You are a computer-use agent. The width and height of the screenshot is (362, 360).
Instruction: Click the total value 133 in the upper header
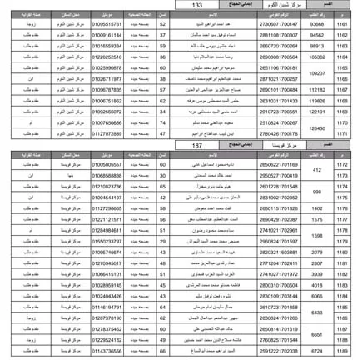point(196,5)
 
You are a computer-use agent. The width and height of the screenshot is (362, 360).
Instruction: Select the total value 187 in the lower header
point(196,144)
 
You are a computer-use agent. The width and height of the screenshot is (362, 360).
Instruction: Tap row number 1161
point(342,25)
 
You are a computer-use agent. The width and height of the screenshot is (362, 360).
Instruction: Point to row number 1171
point(342,132)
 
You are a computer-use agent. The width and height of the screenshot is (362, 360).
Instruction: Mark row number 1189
point(342,351)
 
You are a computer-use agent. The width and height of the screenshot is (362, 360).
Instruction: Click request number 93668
point(317,25)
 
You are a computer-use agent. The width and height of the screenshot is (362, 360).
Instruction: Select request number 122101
point(317,111)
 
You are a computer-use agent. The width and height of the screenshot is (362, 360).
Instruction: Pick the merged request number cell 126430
point(317,127)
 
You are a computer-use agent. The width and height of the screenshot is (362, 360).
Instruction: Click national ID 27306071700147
point(278,25)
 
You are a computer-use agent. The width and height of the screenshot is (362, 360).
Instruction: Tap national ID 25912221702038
point(278,351)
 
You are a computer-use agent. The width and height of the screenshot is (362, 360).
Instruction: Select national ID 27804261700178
point(278,132)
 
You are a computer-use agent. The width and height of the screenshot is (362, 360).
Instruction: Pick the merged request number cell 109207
point(317,73)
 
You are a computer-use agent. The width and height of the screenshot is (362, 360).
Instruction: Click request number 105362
point(317,57)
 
